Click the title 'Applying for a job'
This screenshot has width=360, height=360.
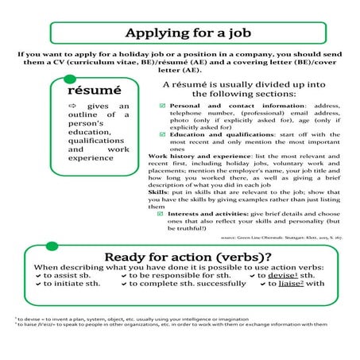pos(179,33)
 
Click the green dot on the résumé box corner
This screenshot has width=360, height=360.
pos(70,79)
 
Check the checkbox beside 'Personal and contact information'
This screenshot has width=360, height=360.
pos(163,106)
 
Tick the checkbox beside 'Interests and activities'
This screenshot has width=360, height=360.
pos(163,214)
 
